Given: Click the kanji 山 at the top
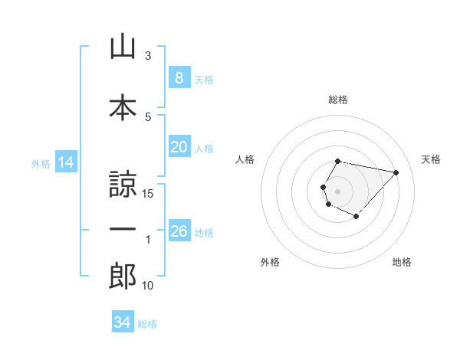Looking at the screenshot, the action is [x=123, y=46].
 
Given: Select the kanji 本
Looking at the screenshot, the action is [x=123, y=107].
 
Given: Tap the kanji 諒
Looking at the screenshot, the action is [x=123, y=184].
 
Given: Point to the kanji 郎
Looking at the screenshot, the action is [x=123, y=276].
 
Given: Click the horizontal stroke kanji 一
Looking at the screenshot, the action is [x=123, y=229].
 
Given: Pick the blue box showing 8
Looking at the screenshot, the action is [x=179, y=77].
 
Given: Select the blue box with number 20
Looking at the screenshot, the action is [x=179, y=146].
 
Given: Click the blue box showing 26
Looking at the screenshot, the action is [x=179, y=230].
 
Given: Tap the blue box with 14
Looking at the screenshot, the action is [x=66, y=162].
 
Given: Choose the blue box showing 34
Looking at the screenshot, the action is [x=123, y=321].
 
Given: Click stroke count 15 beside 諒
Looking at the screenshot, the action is [x=147, y=194].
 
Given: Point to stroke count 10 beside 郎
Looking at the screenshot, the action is [x=147, y=286].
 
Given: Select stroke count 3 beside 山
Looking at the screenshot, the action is [x=148, y=56].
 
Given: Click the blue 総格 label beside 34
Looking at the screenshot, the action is [x=147, y=324].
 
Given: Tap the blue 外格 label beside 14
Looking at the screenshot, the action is [x=41, y=164].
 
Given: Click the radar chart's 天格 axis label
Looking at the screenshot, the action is [x=431, y=159].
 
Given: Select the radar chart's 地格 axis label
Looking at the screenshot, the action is [x=402, y=262].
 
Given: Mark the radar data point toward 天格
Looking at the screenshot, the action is [x=396, y=172].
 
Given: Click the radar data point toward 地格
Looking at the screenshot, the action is [x=356, y=217].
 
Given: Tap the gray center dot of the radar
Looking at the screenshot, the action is [x=337, y=191].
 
